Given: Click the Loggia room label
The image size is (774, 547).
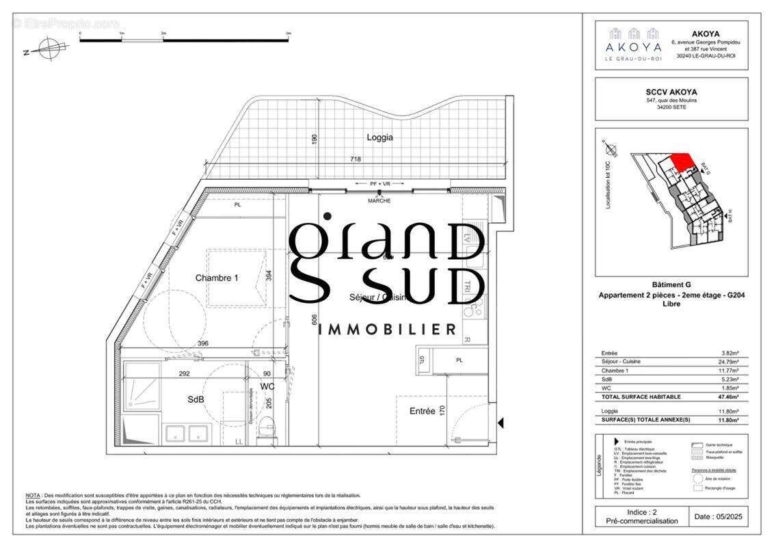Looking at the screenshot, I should click(x=379, y=137).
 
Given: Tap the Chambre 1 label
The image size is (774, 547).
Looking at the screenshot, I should click(x=217, y=278).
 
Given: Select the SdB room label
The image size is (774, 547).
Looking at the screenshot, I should click(x=196, y=399).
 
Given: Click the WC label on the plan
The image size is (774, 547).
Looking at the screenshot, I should click(x=267, y=387).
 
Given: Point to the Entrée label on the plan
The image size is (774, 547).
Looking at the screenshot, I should click(x=422, y=411).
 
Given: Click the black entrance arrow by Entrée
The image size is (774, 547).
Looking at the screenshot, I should click(x=501, y=423).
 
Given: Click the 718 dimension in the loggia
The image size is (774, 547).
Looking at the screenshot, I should click(x=356, y=159).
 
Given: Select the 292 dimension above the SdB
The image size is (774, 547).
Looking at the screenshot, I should click(x=185, y=373).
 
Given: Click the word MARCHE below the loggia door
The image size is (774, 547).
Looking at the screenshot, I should click(x=379, y=200).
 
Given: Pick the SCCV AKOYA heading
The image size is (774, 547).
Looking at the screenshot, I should click(x=671, y=92).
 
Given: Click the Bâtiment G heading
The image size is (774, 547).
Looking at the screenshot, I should click(x=671, y=284).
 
